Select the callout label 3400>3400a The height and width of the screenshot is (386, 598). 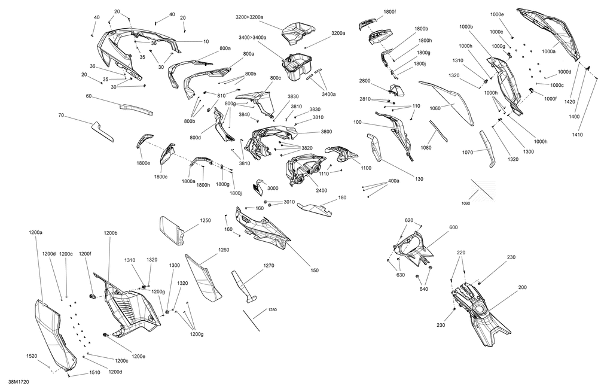[253, 38]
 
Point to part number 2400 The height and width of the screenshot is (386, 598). [322, 190]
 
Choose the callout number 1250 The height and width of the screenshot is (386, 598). [205, 221]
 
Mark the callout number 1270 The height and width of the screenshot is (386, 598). [269, 266]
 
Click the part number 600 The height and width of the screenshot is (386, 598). [453, 227]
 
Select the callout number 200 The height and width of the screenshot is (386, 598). [522, 287]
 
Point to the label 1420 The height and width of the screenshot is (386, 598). [570, 102]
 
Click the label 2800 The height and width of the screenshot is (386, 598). [365, 81]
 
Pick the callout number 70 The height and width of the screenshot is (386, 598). [61, 115]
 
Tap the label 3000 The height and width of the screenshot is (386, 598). [273, 188]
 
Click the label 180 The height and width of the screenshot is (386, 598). [342, 197]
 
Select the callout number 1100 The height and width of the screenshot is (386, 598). [366, 169]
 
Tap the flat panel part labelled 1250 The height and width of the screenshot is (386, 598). [172, 229]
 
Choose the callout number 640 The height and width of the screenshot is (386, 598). [424, 290]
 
